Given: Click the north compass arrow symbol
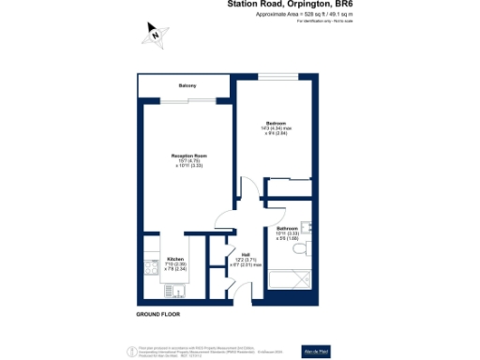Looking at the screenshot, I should (155, 36).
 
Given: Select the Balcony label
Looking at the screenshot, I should (187, 86).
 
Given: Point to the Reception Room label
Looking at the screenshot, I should (187, 156).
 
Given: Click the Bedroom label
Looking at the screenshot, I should (275, 123).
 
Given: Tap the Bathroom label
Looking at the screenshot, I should (287, 228).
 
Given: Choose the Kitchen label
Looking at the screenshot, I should (175, 259).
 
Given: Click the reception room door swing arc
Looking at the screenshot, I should (222, 221).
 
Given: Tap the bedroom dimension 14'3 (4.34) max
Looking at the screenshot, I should (275, 128).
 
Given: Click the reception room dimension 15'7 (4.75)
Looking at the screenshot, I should (187, 160).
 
